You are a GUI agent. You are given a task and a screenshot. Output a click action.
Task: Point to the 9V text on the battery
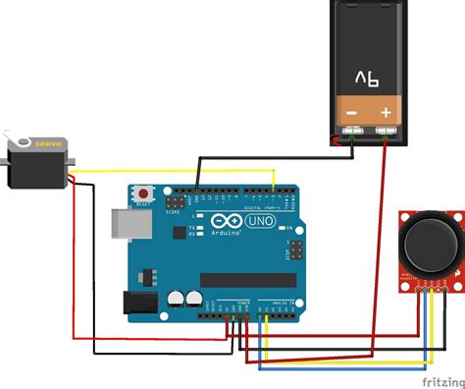[x=366, y=77]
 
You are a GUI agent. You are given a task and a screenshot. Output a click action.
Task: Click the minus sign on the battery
[x=351, y=113]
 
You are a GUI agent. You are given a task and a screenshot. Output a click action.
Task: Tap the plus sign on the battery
[x=386, y=113]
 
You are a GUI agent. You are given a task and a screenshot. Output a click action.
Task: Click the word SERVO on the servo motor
[x=48, y=143]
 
